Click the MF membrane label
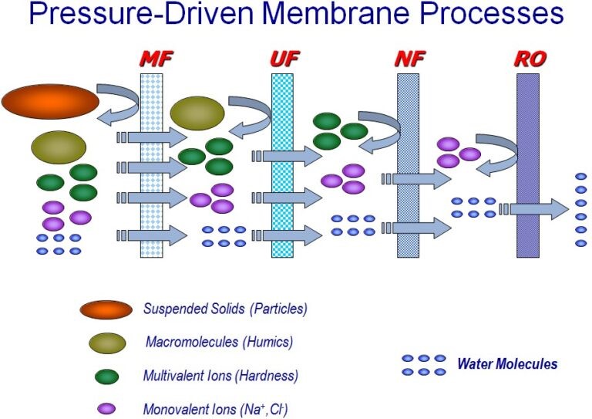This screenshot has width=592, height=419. coord(153,59)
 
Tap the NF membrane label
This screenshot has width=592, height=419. coord(407,59)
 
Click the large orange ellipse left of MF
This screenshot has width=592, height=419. coord(50,102)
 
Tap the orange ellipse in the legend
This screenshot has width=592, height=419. coord(106,309)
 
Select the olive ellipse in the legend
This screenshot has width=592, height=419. coord(106,343)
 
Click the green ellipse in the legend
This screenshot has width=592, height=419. coord(106,377)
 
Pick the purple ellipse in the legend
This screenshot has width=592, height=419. coord(106,409)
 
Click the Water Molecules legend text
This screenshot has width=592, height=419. coord(507,364)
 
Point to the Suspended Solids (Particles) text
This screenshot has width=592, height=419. coord(225,309)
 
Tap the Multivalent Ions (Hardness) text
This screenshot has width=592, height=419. coord(220,376)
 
